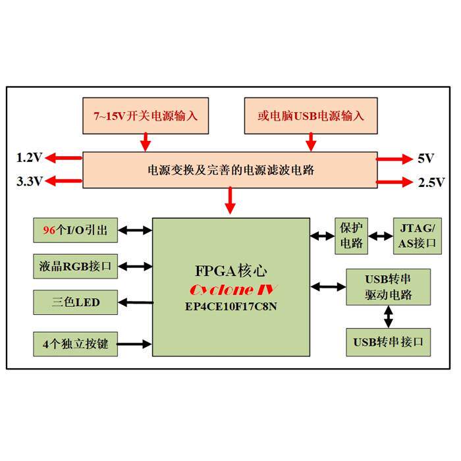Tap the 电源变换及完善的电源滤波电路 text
230,170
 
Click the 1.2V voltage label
29,158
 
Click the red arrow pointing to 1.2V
64,157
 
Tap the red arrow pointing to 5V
393,158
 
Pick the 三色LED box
76,303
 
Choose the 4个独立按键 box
76,343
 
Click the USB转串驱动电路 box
389,286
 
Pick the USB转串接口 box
389,342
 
